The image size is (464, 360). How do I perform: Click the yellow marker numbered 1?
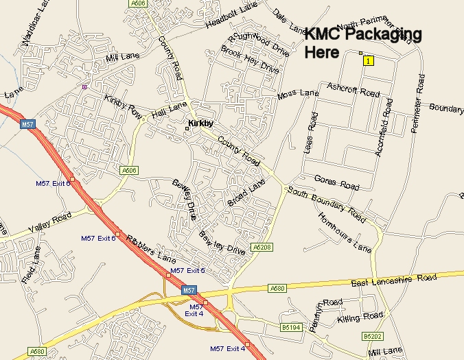coord(369,61)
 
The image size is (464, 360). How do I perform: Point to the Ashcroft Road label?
coord(353,90)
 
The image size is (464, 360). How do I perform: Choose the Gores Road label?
coord(336,182)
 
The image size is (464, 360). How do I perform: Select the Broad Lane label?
coord(246,193)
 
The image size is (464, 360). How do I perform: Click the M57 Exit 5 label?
coord(187,271)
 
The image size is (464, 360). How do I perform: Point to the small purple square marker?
coord(84,86)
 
